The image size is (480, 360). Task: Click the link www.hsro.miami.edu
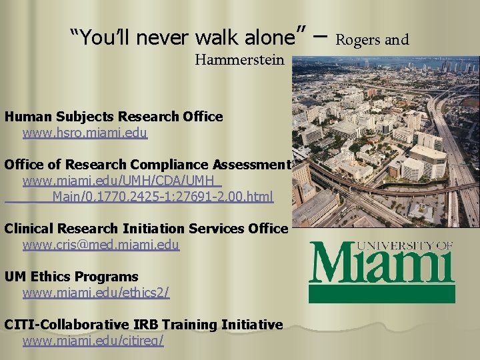point(85,133)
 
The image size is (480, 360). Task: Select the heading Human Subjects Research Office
point(113,117)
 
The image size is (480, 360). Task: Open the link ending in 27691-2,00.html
point(163,197)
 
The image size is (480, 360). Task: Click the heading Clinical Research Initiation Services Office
point(146,229)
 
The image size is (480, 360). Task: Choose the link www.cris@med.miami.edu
point(101,245)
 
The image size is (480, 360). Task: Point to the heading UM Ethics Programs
point(71,277)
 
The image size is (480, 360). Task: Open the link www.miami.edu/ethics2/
point(96,293)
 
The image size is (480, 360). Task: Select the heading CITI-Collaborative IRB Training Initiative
point(143,325)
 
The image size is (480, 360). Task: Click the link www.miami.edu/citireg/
point(93,341)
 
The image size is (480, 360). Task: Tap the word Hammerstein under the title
point(239,60)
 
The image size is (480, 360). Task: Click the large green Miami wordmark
point(381,265)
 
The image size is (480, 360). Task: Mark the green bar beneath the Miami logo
point(381,294)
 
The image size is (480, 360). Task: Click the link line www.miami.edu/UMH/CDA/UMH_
point(122,181)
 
